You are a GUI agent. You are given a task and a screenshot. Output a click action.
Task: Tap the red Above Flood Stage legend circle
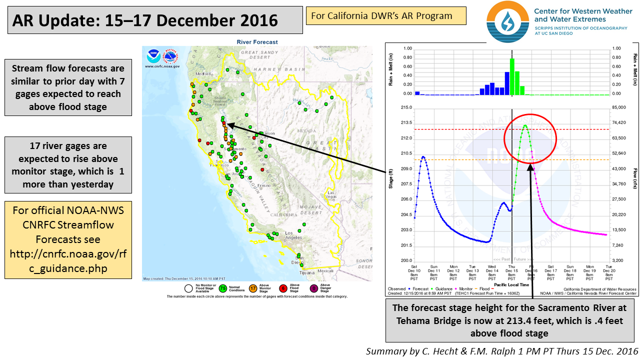282,288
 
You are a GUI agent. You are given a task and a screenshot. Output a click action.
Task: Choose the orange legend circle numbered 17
253,288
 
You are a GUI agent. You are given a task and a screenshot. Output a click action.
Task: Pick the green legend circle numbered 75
223,288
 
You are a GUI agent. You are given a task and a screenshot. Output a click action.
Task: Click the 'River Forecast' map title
258,42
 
